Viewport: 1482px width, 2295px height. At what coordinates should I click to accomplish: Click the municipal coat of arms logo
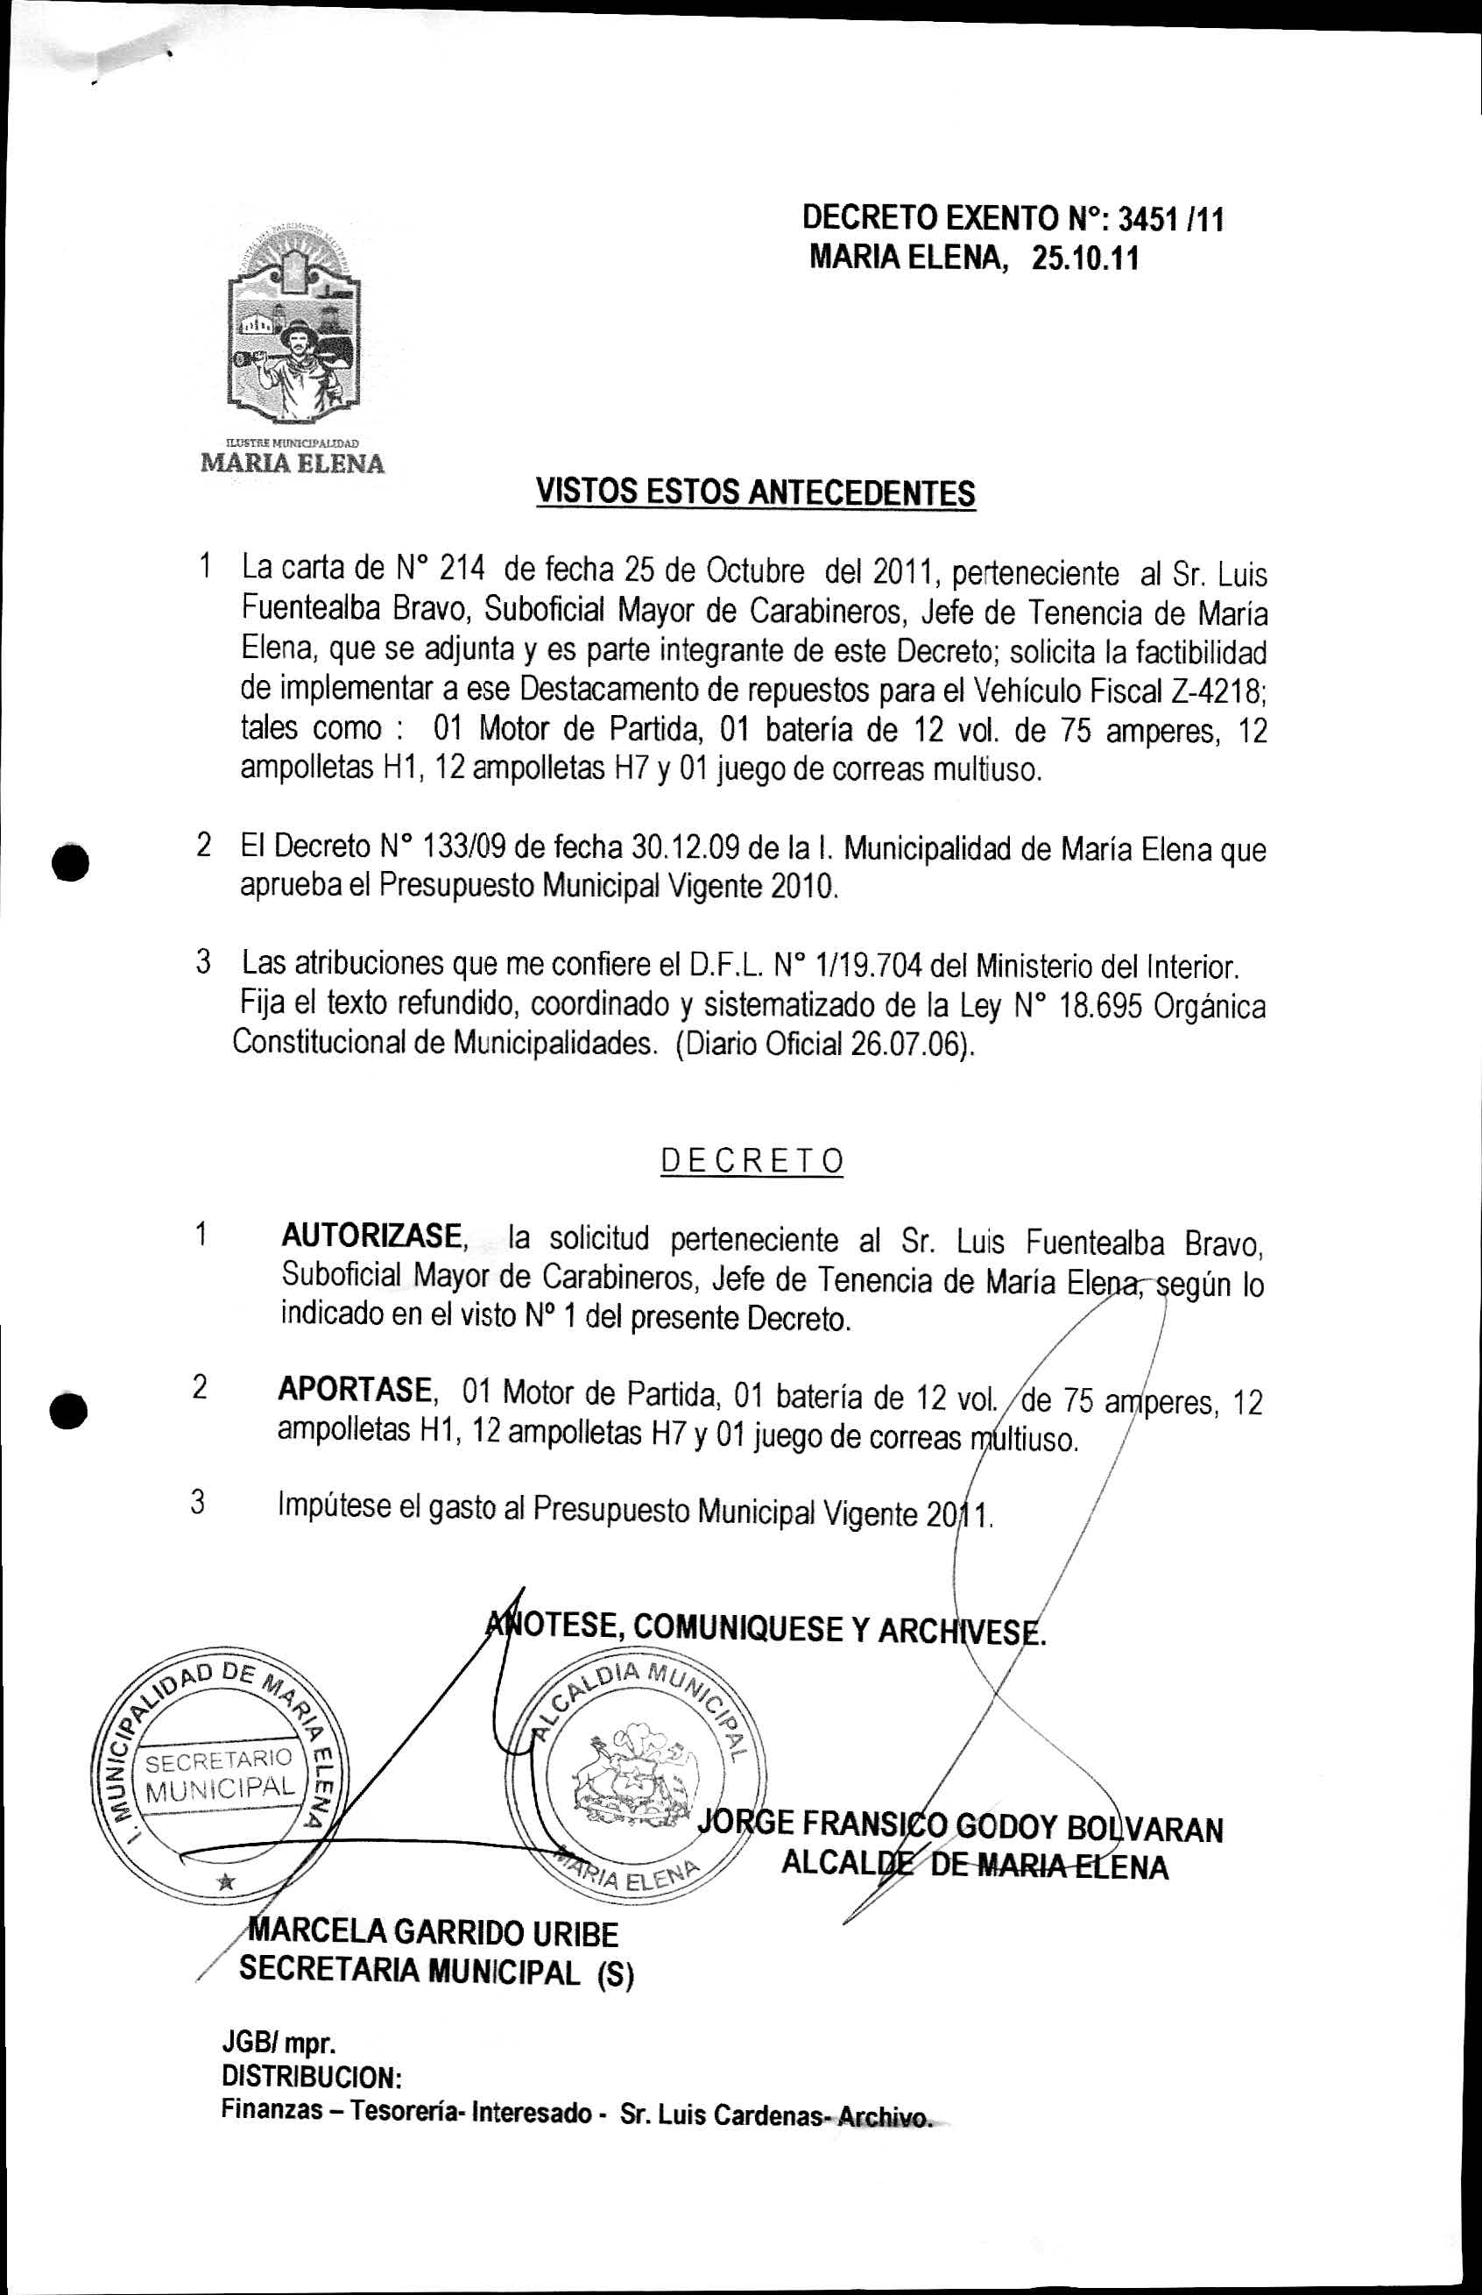[293, 328]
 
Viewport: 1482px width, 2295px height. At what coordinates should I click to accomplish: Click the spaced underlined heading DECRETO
[752, 1162]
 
